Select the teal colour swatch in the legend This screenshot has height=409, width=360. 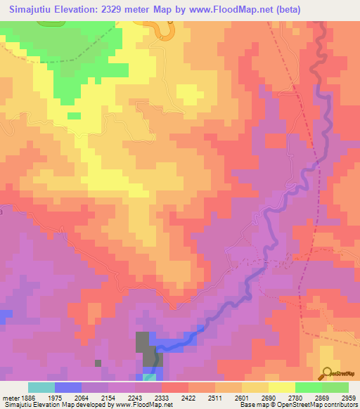[x=41, y=387]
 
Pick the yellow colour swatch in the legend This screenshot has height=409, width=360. [x=281, y=387]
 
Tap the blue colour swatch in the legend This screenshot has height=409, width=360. [x=67, y=387]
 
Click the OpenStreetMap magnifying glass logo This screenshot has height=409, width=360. [x=326, y=372]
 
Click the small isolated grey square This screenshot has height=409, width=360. [x=98, y=363]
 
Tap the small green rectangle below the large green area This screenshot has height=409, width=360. [x=74, y=116]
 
